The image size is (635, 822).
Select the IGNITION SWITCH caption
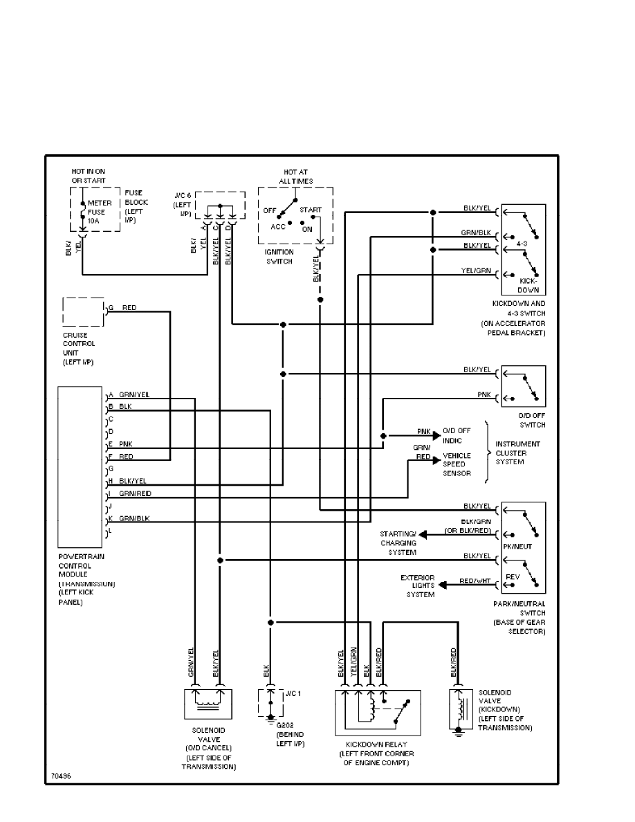[279, 257]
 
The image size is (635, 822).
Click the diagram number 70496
[59, 776]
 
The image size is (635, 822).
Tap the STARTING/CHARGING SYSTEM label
[398, 543]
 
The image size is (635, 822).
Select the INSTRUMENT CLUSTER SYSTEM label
[518, 453]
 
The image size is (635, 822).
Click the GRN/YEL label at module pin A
[134, 394]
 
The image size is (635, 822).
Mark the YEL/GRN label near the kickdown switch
[477, 270]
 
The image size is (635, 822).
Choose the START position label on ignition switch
[311, 210]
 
